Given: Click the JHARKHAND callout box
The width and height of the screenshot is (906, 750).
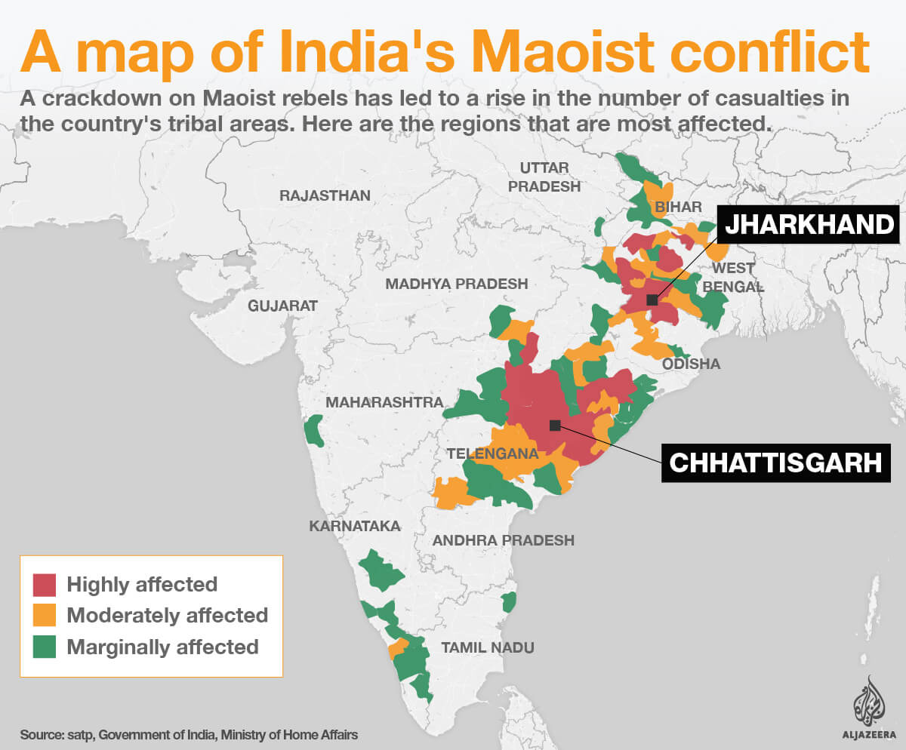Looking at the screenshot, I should (x=808, y=224).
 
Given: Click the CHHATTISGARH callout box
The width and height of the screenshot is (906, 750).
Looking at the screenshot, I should (x=775, y=462).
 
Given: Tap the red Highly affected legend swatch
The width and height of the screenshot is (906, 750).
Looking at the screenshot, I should (x=45, y=584).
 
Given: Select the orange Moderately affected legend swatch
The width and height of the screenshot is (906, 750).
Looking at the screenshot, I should (x=45, y=615).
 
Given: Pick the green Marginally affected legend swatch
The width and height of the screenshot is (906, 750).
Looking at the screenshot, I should (x=45, y=647).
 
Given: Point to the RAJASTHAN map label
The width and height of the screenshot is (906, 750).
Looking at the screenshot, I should (x=325, y=195).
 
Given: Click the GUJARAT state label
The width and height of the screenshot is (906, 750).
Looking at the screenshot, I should (x=282, y=306).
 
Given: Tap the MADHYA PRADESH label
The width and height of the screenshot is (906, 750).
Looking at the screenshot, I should (x=456, y=284).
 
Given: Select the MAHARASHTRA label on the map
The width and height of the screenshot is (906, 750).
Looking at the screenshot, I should (x=384, y=402).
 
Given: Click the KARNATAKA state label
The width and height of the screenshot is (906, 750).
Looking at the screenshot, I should (x=354, y=526).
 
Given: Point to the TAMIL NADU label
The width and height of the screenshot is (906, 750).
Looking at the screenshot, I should (x=487, y=647).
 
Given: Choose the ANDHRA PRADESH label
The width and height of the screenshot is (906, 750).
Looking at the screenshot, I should (x=503, y=540).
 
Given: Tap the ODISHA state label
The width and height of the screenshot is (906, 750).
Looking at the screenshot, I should (x=691, y=364).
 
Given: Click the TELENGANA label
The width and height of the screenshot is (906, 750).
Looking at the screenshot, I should (x=492, y=454).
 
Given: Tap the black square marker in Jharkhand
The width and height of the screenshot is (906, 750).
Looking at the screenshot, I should (x=652, y=300).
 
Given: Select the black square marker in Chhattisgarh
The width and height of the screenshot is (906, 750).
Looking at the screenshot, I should (x=555, y=425).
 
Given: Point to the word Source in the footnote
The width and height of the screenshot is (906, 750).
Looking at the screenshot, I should (x=44, y=734).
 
